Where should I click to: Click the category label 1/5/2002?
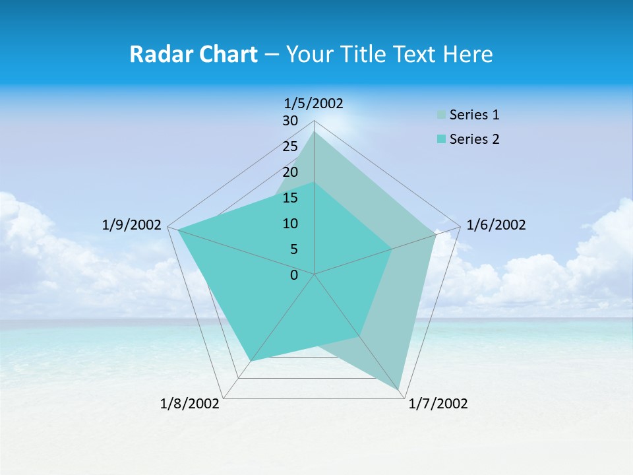(x=314, y=103)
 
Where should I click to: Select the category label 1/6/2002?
(x=496, y=225)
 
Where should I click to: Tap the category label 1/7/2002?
(x=438, y=404)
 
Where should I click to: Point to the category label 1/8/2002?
(x=190, y=404)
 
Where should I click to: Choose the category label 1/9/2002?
(x=132, y=225)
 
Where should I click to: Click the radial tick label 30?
(x=290, y=121)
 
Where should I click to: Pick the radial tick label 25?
(x=290, y=146)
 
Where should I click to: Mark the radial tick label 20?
(x=290, y=172)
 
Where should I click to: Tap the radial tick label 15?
(x=290, y=198)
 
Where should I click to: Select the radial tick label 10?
(x=290, y=224)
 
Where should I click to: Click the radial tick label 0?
(x=294, y=275)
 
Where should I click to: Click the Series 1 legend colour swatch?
(x=441, y=115)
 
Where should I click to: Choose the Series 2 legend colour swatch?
(x=441, y=139)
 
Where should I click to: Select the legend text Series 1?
(x=474, y=115)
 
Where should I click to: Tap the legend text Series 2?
(x=474, y=139)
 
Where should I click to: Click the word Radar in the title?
(x=158, y=54)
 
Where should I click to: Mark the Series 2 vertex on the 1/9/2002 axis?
(x=178, y=230)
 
